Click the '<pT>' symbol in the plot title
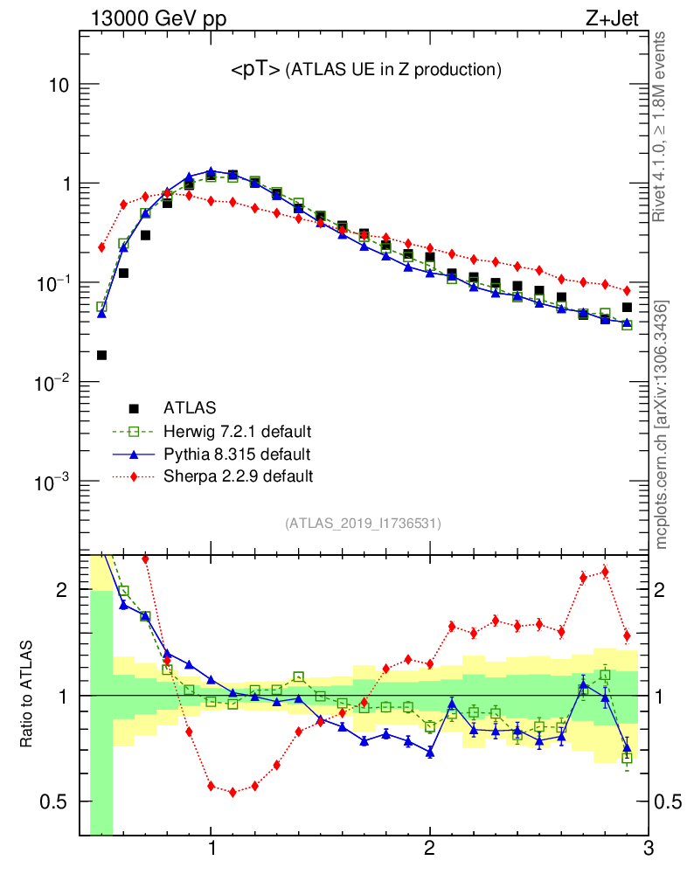[255, 71]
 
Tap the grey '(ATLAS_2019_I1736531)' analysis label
[363, 524]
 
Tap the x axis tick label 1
[211, 850]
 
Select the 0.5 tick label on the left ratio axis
[55, 802]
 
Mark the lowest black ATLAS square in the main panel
[101, 355]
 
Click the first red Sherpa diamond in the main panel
[101, 247]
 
